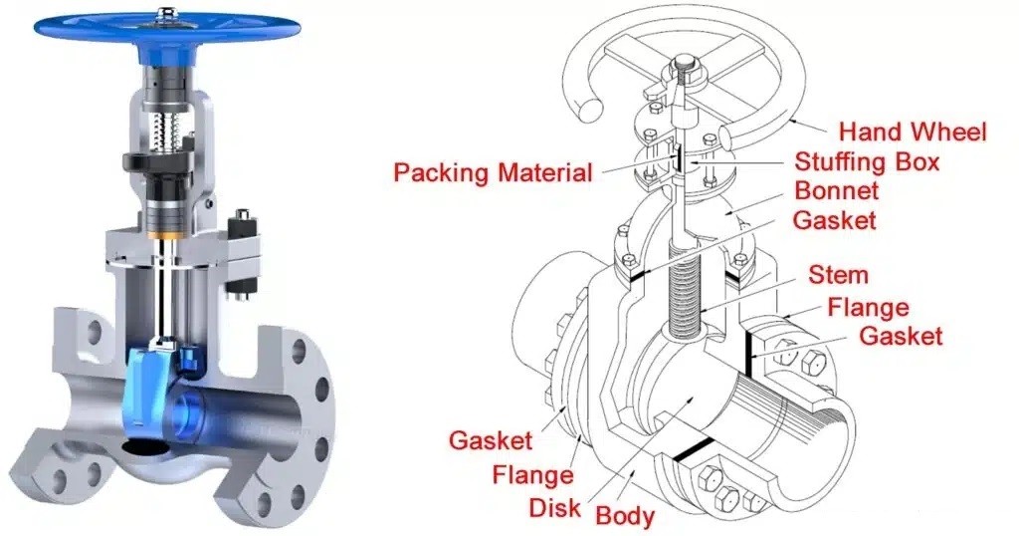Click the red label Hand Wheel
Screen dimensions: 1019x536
coord(913,133)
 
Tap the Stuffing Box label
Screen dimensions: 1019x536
coord(868,161)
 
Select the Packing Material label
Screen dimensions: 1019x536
coord(494,173)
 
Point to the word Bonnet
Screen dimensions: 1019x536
coord(836,190)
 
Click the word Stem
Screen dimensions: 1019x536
coord(838,275)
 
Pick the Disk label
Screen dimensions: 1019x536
coord(554,507)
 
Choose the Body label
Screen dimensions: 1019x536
coord(625,516)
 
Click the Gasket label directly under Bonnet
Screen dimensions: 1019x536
coord(835,220)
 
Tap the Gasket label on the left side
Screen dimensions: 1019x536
coord(491,440)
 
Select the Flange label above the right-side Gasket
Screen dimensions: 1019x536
coord(868,307)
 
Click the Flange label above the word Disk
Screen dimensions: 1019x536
coord(533,475)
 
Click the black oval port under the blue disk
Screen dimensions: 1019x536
coord(146,447)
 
